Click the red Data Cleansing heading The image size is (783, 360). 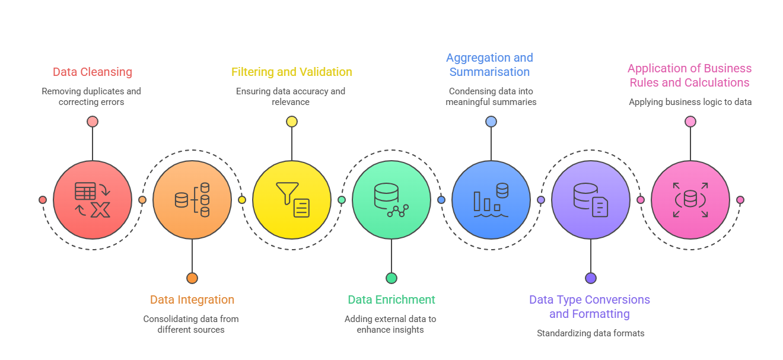click(x=92, y=72)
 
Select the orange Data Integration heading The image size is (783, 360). click(x=192, y=300)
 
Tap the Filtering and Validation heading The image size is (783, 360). click(x=291, y=72)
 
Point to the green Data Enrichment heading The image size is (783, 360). click(x=391, y=300)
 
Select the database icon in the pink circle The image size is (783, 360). click(x=690, y=199)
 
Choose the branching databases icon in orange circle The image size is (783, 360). click(x=192, y=199)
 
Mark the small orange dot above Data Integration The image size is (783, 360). click(x=192, y=278)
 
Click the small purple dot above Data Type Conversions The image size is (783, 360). click(x=590, y=278)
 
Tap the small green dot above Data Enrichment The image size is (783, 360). click(x=391, y=278)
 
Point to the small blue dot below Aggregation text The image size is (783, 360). click(x=491, y=122)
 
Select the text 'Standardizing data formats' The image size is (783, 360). click(x=590, y=333)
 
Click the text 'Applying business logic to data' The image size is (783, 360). click(x=690, y=102)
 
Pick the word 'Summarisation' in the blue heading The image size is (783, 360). click(x=489, y=72)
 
